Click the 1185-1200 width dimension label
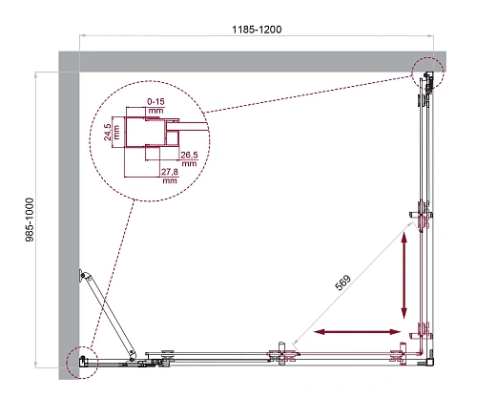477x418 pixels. tap(256, 30)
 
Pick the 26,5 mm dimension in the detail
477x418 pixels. tap(188, 158)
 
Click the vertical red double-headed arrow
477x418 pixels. tap(406, 277)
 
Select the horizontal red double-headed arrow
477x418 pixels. tap(355, 332)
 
